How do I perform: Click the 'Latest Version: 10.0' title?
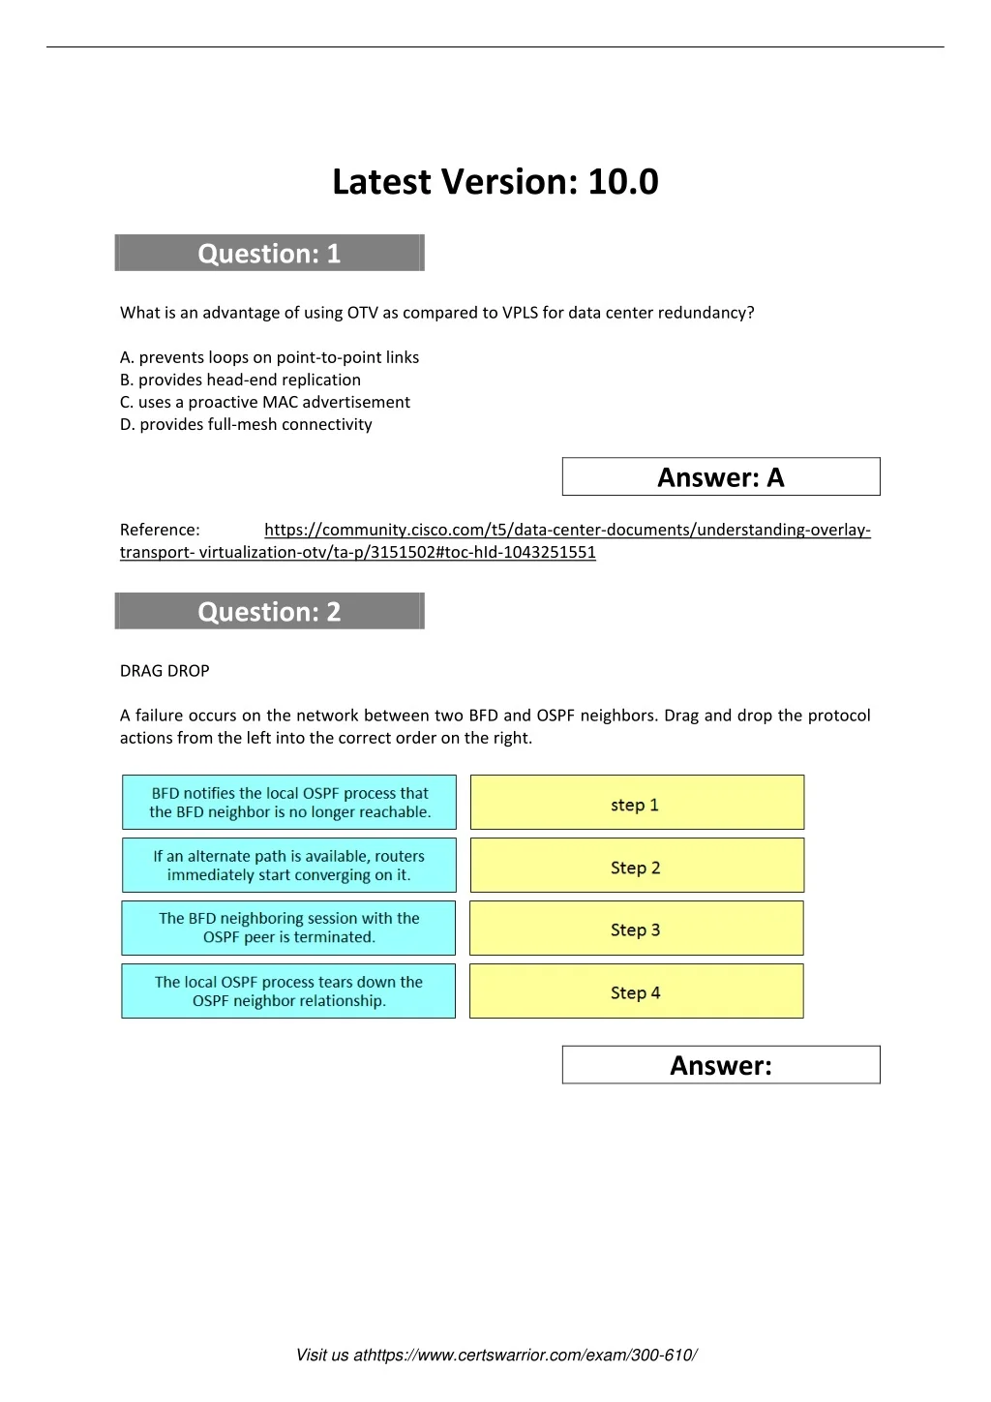[495, 182]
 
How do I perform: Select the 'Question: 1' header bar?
[269, 254]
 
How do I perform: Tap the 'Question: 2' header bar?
[269, 612]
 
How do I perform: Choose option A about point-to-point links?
[269, 357]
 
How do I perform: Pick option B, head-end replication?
[240, 380]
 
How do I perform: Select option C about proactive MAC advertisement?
[265, 402]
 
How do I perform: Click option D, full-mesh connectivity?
[246, 424]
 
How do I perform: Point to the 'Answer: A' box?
[721, 477]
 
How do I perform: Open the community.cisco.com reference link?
[567, 530]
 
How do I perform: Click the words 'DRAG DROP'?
[165, 670]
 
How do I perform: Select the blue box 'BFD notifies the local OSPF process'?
[289, 803]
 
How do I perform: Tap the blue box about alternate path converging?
[289, 866]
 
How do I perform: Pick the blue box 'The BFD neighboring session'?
[289, 928]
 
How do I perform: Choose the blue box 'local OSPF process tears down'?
[289, 991]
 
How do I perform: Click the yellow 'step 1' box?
[637, 804]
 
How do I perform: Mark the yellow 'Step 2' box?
[637, 867]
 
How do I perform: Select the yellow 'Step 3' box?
[637, 929]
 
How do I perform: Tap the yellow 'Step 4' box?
[637, 991]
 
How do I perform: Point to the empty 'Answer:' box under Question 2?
[721, 1065]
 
